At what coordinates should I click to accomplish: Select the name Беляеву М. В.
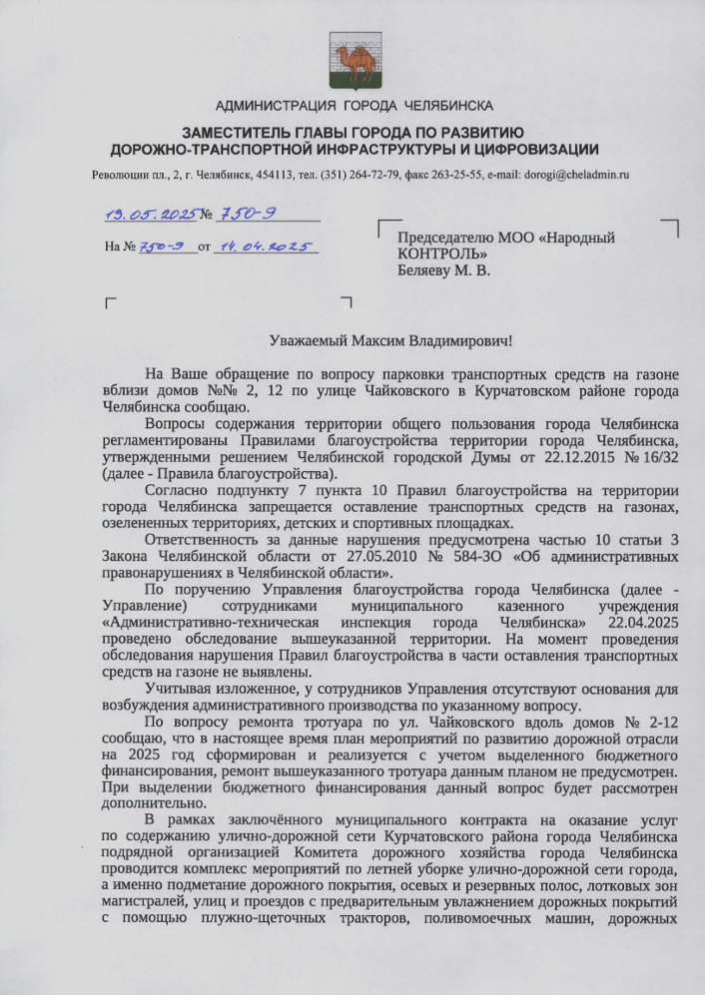443,269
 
